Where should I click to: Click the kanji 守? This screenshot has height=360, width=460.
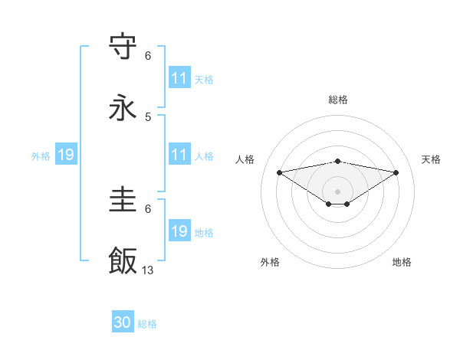(x=123, y=47)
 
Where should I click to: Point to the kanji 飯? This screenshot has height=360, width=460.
(x=123, y=261)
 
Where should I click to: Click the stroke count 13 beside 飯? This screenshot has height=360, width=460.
(x=148, y=270)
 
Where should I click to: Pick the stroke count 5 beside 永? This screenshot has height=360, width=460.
(x=148, y=116)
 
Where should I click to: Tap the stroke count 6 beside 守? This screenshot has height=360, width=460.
(x=148, y=56)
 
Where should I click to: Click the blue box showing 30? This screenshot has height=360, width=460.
(x=123, y=322)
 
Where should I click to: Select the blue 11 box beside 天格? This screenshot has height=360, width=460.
(x=179, y=78)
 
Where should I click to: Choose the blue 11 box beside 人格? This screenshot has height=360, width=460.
(x=179, y=155)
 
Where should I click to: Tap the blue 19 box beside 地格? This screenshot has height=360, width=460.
(x=179, y=231)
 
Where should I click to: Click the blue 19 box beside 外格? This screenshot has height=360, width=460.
(x=66, y=155)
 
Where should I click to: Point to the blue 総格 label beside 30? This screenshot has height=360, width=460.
(x=147, y=324)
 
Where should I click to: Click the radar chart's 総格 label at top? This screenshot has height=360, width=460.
(x=337, y=100)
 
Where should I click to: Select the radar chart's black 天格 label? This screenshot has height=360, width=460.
(x=432, y=159)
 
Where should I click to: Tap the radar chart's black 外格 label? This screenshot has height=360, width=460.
(x=270, y=262)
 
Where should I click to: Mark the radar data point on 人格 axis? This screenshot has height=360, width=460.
(x=279, y=172)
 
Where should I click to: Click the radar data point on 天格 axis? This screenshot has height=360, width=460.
(x=396, y=172)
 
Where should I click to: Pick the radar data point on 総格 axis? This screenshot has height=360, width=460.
(x=337, y=161)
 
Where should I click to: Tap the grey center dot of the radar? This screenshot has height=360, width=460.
(x=337, y=191)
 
